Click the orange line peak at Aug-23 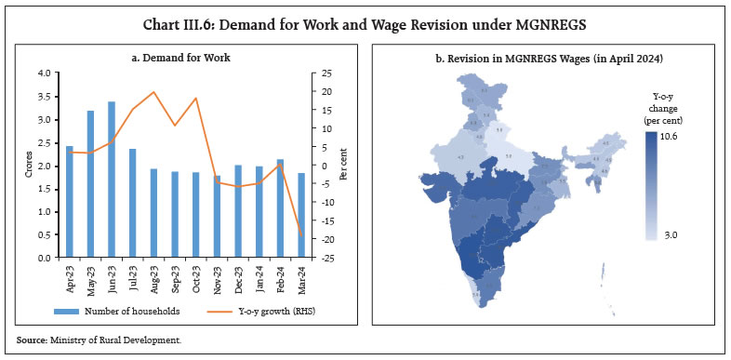tap(153, 92)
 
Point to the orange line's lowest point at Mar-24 tap(301, 234)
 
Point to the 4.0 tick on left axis tap(46, 73)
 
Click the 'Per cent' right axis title tap(343, 166)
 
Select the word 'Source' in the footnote tap(31, 341)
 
